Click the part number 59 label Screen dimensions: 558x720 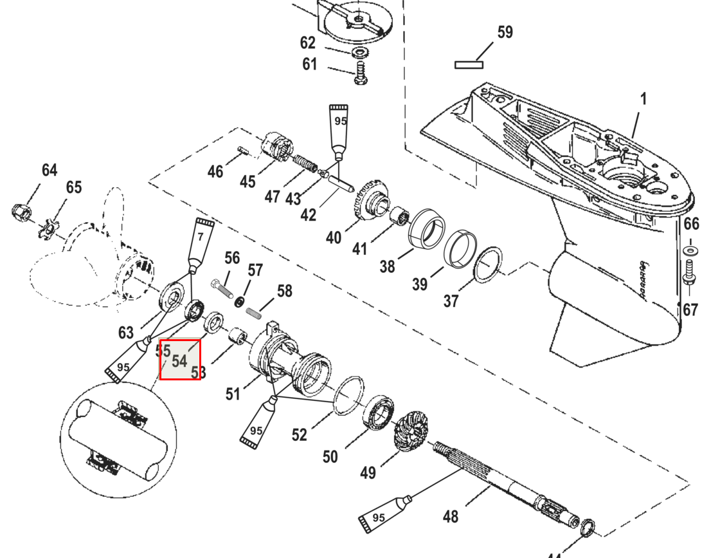(505, 32)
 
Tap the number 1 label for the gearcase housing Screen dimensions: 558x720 (643, 100)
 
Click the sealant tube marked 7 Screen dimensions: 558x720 (200, 243)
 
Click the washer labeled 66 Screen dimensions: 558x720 (690, 249)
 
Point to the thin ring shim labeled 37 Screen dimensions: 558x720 (488, 265)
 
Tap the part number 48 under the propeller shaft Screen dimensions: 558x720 (451, 516)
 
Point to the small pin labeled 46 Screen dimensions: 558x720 (242, 151)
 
